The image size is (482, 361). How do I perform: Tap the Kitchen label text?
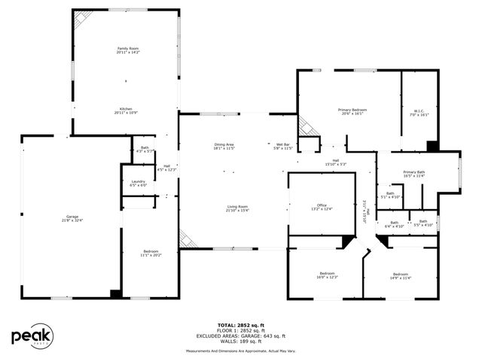tap(127, 110)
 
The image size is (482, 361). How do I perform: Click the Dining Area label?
tap(224, 146)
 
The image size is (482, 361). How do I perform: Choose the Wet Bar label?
tap(282, 146)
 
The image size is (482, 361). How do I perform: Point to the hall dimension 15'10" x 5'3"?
tap(335, 162)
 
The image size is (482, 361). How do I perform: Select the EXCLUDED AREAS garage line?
tap(241, 335)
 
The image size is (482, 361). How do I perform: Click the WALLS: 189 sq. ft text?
tap(241, 341)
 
